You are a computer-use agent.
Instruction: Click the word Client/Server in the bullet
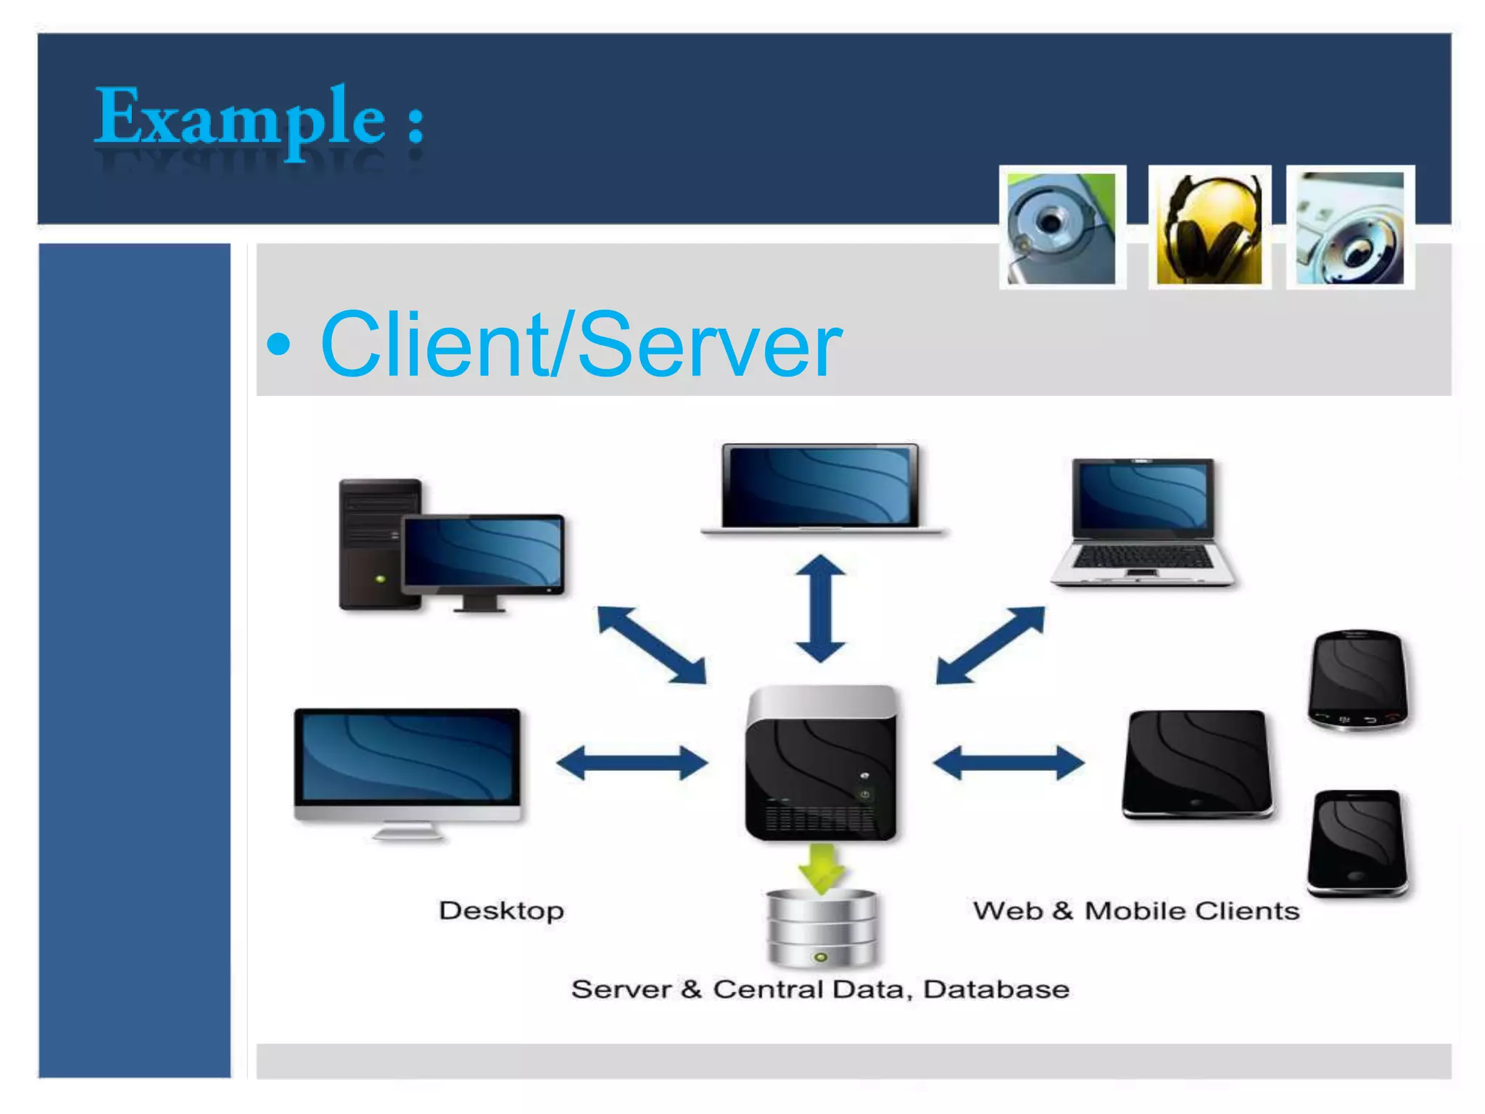pos(580,344)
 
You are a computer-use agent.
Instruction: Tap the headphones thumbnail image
pos(1209,228)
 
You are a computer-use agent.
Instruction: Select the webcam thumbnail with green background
pos(1062,228)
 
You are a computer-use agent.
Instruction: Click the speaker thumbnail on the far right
pos(1349,228)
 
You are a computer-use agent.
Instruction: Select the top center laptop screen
pos(820,484)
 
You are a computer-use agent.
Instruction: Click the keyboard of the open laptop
pos(1141,557)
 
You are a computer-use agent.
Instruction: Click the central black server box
pos(821,765)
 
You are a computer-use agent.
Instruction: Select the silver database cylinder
pos(821,928)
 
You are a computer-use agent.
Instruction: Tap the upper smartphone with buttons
pos(1357,678)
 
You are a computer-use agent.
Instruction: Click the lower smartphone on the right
pos(1357,841)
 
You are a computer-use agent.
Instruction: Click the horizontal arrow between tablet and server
pos(1008,763)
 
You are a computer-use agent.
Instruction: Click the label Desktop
pos(501,910)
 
